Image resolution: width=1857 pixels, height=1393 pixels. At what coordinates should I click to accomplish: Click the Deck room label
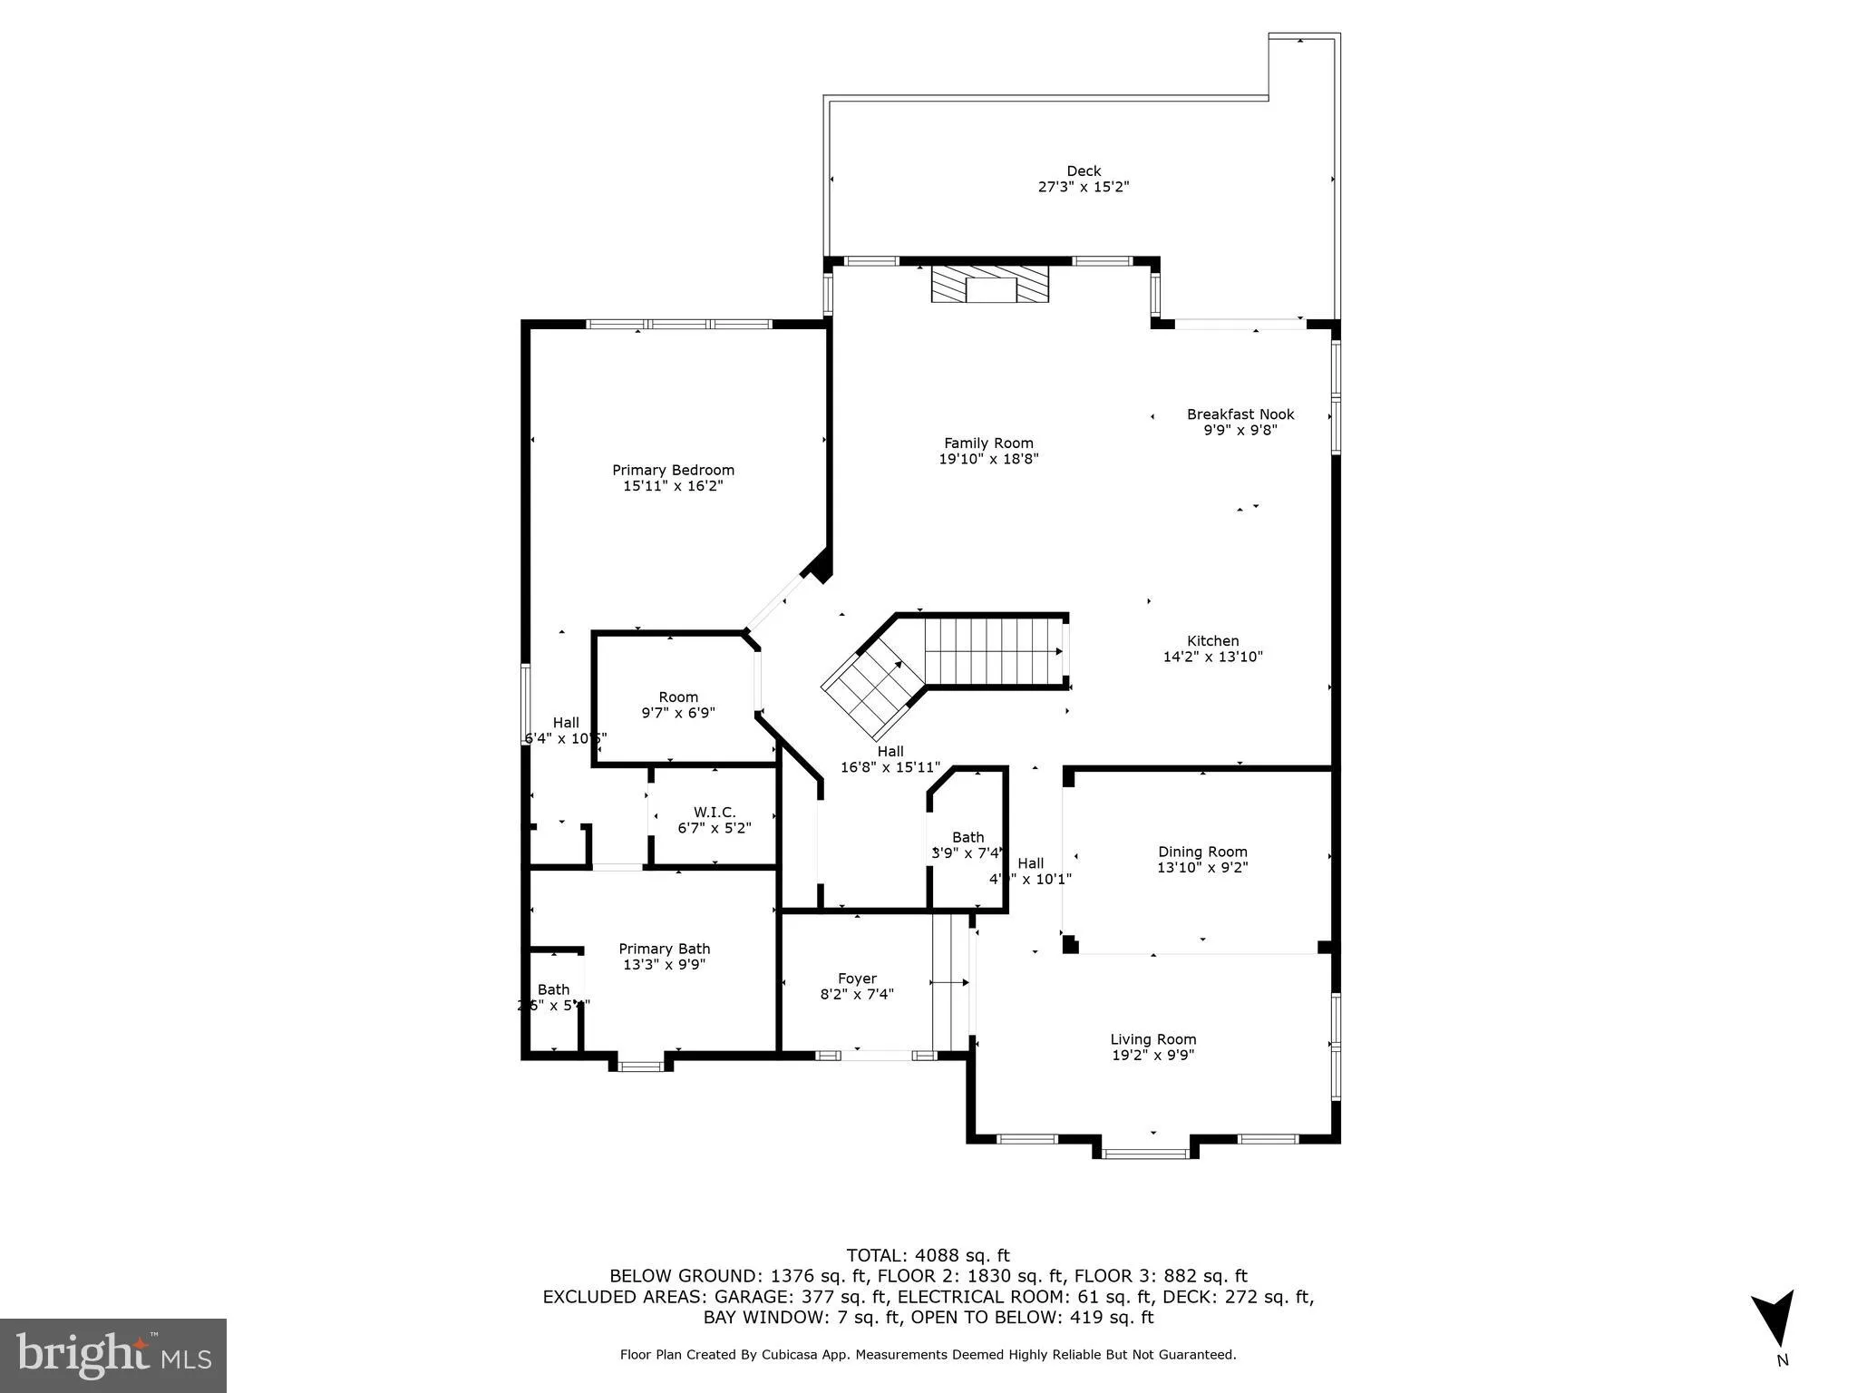coord(1083,170)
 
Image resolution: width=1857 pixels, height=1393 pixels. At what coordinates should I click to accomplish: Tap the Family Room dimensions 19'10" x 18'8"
coord(988,459)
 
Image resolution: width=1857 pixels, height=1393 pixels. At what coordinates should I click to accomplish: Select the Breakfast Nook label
coord(1240,414)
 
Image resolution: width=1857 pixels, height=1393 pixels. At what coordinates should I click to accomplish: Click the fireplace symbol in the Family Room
coord(990,284)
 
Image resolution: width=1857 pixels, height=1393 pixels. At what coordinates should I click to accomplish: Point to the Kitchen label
coord(1212,641)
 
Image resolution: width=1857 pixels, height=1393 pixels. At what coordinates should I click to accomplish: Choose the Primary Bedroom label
coord(673,470)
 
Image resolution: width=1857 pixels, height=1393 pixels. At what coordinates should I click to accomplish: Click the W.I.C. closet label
coord(715,813)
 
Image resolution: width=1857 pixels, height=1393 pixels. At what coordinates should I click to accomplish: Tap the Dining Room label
coord(1202,852)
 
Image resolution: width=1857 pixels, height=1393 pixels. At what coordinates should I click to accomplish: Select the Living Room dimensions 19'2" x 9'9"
coord(1152,1055)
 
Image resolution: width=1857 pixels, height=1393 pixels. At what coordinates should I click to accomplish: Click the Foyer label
coord(857,979)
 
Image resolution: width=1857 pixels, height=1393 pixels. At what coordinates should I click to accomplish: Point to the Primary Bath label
coord(664,949)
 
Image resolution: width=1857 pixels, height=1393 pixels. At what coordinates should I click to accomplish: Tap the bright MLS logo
coord(113,1355)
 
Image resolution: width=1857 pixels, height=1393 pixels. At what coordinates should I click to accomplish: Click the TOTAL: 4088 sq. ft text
coord(928,1255)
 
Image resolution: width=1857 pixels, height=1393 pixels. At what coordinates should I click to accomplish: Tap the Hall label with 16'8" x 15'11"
coord(890,751)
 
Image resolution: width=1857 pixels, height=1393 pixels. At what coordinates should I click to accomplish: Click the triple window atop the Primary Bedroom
coord(679,324)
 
